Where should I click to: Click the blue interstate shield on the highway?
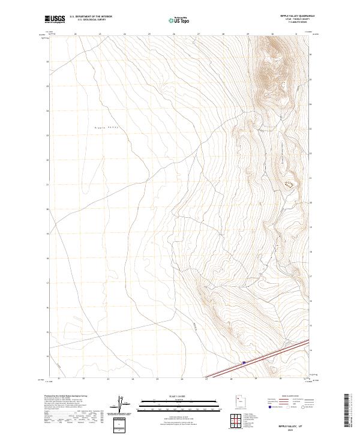click(x=244, y=362)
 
